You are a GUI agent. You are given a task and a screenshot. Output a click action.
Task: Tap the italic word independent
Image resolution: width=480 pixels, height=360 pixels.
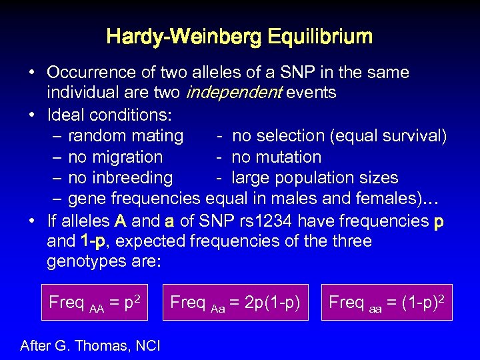click(233, 93)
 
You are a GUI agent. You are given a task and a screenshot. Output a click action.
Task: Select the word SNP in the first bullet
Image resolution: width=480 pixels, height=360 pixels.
click(281, 72)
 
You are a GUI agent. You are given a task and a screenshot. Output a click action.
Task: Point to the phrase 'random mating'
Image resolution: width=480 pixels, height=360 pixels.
click(125, 136)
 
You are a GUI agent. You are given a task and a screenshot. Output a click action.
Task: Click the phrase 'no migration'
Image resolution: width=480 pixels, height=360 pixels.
click(115, 157)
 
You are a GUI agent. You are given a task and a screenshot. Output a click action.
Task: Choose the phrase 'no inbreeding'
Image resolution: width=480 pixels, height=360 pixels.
click(120, 178)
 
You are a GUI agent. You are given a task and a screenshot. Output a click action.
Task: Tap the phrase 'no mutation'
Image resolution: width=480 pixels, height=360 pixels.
click(276, 157)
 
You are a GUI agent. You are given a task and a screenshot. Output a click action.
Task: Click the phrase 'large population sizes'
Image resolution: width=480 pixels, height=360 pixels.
click(315, 178)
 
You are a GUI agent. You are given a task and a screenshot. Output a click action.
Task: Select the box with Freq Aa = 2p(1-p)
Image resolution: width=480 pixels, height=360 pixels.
click(235, 302)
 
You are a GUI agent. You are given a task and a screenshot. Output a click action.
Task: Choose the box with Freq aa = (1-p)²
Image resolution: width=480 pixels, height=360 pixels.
click(386, 302)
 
